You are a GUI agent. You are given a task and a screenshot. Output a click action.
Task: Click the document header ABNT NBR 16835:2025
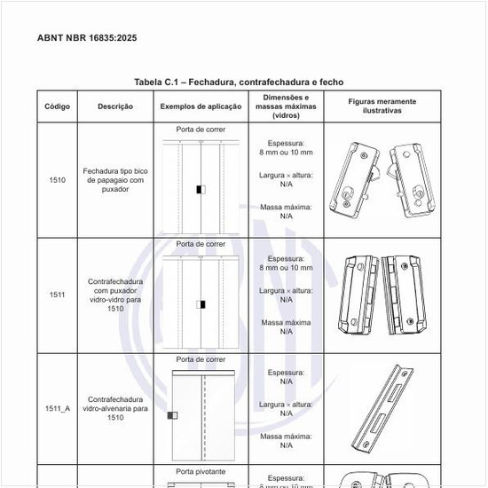tap(87, 38)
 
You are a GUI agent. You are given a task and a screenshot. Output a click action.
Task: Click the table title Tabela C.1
tap(238, 82)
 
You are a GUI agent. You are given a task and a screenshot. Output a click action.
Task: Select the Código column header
tap(58, 106)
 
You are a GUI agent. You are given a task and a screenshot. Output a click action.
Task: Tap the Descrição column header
tap(116, 106)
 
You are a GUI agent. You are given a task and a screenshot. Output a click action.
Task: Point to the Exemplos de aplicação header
tap(201, 106)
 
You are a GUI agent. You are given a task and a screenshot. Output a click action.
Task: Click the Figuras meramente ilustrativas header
tap(382, 106)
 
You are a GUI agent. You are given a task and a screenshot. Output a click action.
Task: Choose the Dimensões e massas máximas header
tap(286, 106)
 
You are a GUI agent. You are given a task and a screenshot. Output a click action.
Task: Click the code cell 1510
tap(58, 180)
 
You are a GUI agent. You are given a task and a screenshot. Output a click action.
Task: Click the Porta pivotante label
tap(201, 472)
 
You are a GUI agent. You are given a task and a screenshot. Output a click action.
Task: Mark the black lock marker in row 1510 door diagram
tap(202, 189)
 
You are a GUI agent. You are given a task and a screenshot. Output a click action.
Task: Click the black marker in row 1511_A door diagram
tap(172, 415)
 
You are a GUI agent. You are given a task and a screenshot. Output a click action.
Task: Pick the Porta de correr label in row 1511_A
tap(201, 359)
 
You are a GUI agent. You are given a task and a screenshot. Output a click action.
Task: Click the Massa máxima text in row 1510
tap(286, 207)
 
